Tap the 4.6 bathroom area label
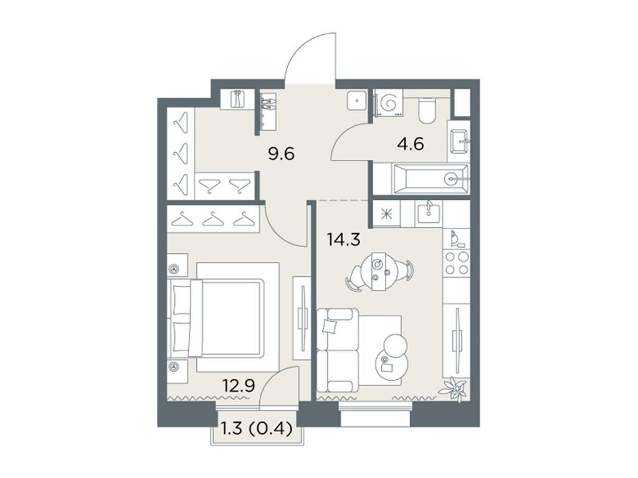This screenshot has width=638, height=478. pos(410,144)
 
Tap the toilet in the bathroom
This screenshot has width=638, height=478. pos(427,110)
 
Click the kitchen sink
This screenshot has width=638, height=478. pos(429,212)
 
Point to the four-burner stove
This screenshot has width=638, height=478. pos(456,263)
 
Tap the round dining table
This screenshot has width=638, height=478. pos(379,270)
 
